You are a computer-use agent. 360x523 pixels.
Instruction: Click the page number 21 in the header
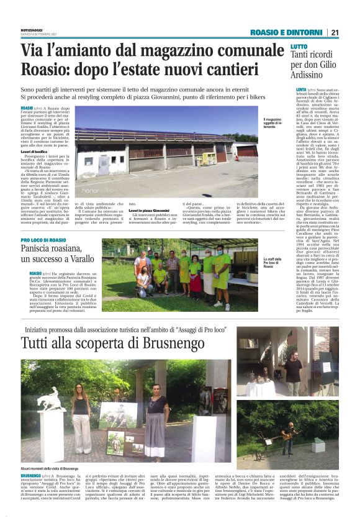point(335,32)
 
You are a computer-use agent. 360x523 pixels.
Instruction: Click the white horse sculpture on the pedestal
point(50,399)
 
